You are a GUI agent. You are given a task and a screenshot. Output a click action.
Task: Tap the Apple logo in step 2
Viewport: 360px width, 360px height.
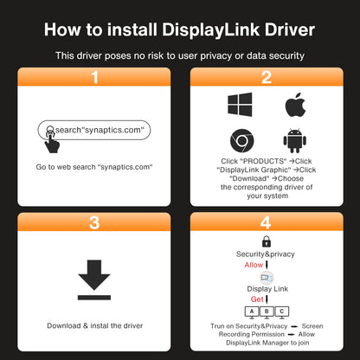[x=294, y=106]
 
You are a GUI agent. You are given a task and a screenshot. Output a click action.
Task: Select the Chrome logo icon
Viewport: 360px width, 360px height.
[x=240, y=140]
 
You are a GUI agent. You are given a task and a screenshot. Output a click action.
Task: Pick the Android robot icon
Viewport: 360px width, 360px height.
[x=294, y=140]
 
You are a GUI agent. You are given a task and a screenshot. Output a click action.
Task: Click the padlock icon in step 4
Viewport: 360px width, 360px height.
[x=267, y=241]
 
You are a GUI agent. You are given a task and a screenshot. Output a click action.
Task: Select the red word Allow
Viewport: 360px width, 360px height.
[x=254, y=265]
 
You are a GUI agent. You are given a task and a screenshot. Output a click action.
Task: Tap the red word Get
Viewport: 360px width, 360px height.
[x=257, y=299]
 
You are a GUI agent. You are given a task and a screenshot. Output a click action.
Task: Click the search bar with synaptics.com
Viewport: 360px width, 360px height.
[x=95, y=131]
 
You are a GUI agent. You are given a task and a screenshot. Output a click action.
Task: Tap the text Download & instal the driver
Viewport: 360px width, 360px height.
[x=95, y=325]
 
